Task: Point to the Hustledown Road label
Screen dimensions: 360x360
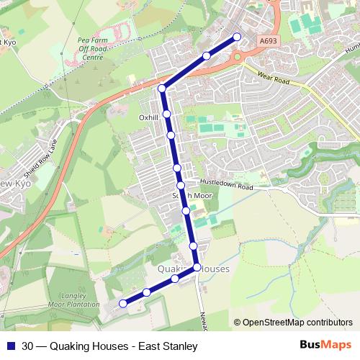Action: pos(229,186)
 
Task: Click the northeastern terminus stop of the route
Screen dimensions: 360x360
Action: pos(236,37)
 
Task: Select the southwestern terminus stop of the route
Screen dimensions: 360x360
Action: pos(122,303)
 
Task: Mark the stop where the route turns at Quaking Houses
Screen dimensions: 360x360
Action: pos(197,269)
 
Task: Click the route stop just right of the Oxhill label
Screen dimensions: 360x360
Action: pos(166,114)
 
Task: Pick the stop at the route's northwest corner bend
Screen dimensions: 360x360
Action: pos(162,89)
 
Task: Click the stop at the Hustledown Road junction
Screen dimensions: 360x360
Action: pos(181,185)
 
